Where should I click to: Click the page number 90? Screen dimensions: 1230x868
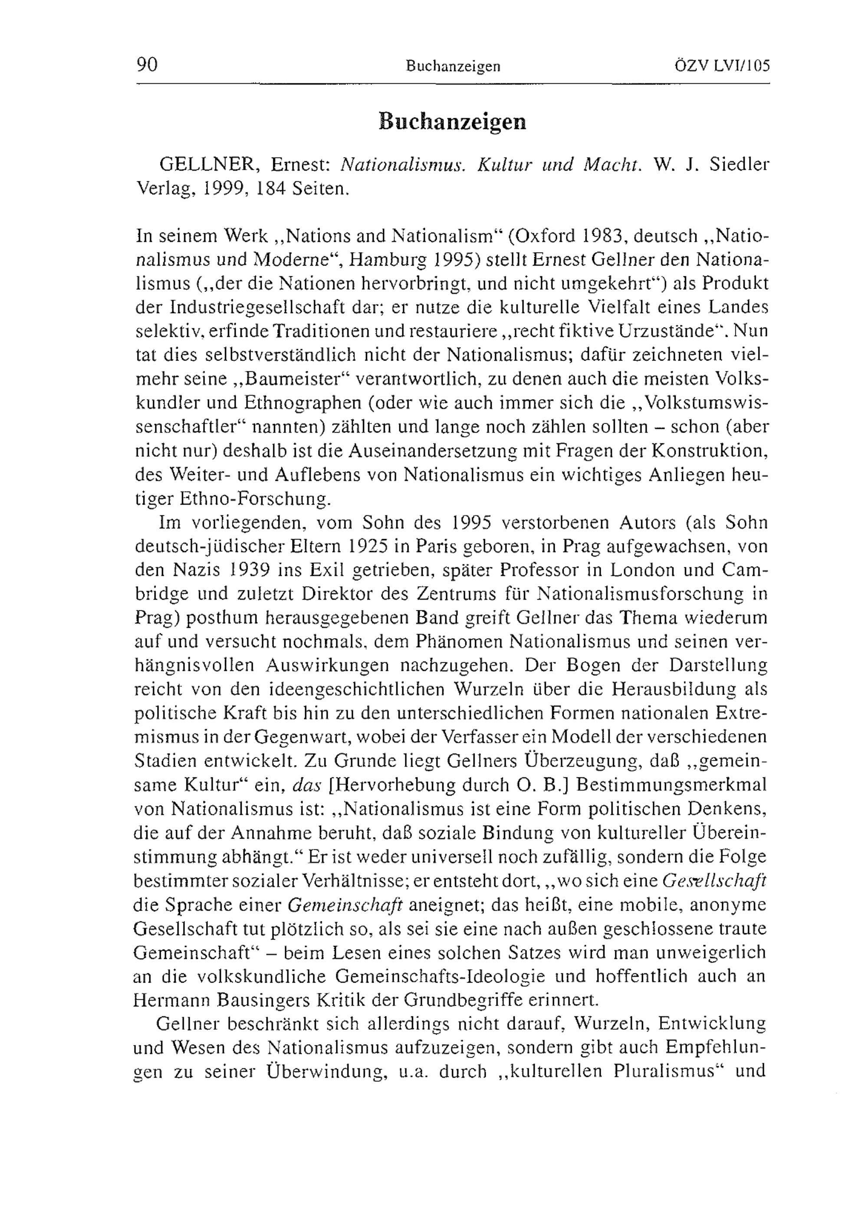[147, 65]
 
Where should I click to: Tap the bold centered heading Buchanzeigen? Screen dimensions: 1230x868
[453, 122]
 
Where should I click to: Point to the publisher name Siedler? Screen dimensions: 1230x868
[738, 165]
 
